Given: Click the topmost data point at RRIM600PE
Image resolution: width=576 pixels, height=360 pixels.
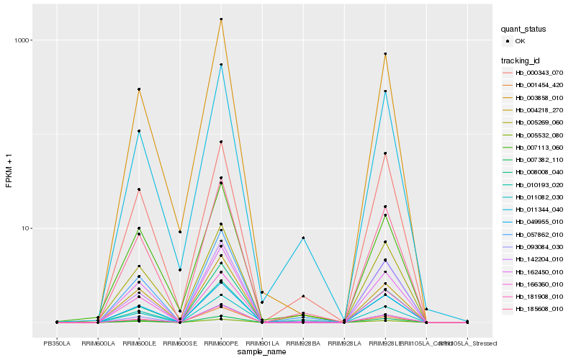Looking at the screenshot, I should tap(221, 19).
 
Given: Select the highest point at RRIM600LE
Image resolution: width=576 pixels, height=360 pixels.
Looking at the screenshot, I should tap(139, 89).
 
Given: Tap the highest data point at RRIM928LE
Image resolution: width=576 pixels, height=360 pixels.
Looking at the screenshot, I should tap(385, 54).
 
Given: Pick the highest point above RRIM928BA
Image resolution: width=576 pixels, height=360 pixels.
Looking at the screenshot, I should tap(303, 238).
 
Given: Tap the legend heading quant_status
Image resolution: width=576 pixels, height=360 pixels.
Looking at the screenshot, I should tap(523, 30).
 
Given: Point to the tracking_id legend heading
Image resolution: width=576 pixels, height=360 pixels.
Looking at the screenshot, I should tap(523, 60).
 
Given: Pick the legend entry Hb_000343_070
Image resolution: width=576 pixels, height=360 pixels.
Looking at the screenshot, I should tap(539, 73).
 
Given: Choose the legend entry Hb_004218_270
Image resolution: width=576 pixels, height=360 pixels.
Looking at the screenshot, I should tap(539, 110).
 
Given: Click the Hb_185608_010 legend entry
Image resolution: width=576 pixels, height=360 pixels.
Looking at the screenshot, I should tap(539, 308).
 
